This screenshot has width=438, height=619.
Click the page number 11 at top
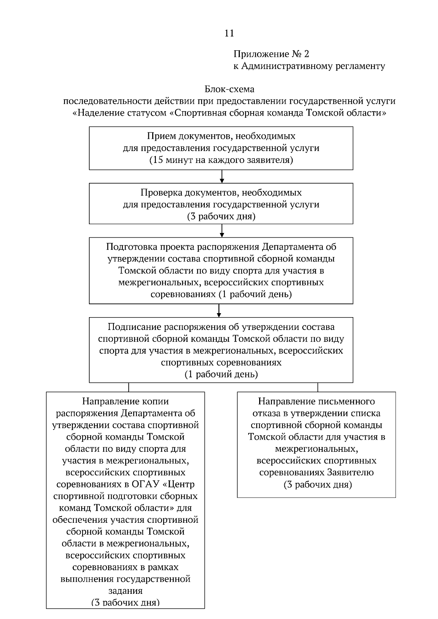(x=229, y=33)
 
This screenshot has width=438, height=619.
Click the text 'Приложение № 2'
(x=271, y=54)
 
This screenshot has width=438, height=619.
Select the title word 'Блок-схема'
(x=229, y=89)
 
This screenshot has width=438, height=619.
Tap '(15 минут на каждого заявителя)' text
(x=221, y=160)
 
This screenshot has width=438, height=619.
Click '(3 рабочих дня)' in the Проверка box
(x=221, y=216)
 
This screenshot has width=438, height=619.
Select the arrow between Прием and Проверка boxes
(x=222, y=176)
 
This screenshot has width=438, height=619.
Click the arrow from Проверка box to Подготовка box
(x=222, y=230)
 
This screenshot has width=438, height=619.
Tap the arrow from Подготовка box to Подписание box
(x=219, y=310)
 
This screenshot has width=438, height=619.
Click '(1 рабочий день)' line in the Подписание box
(x=221, y=374)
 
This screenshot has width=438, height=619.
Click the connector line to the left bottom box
(x=128, y=387)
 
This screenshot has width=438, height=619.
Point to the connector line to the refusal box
(x=318, y=387)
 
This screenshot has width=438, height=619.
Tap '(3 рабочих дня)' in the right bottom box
(x=318, y=485)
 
